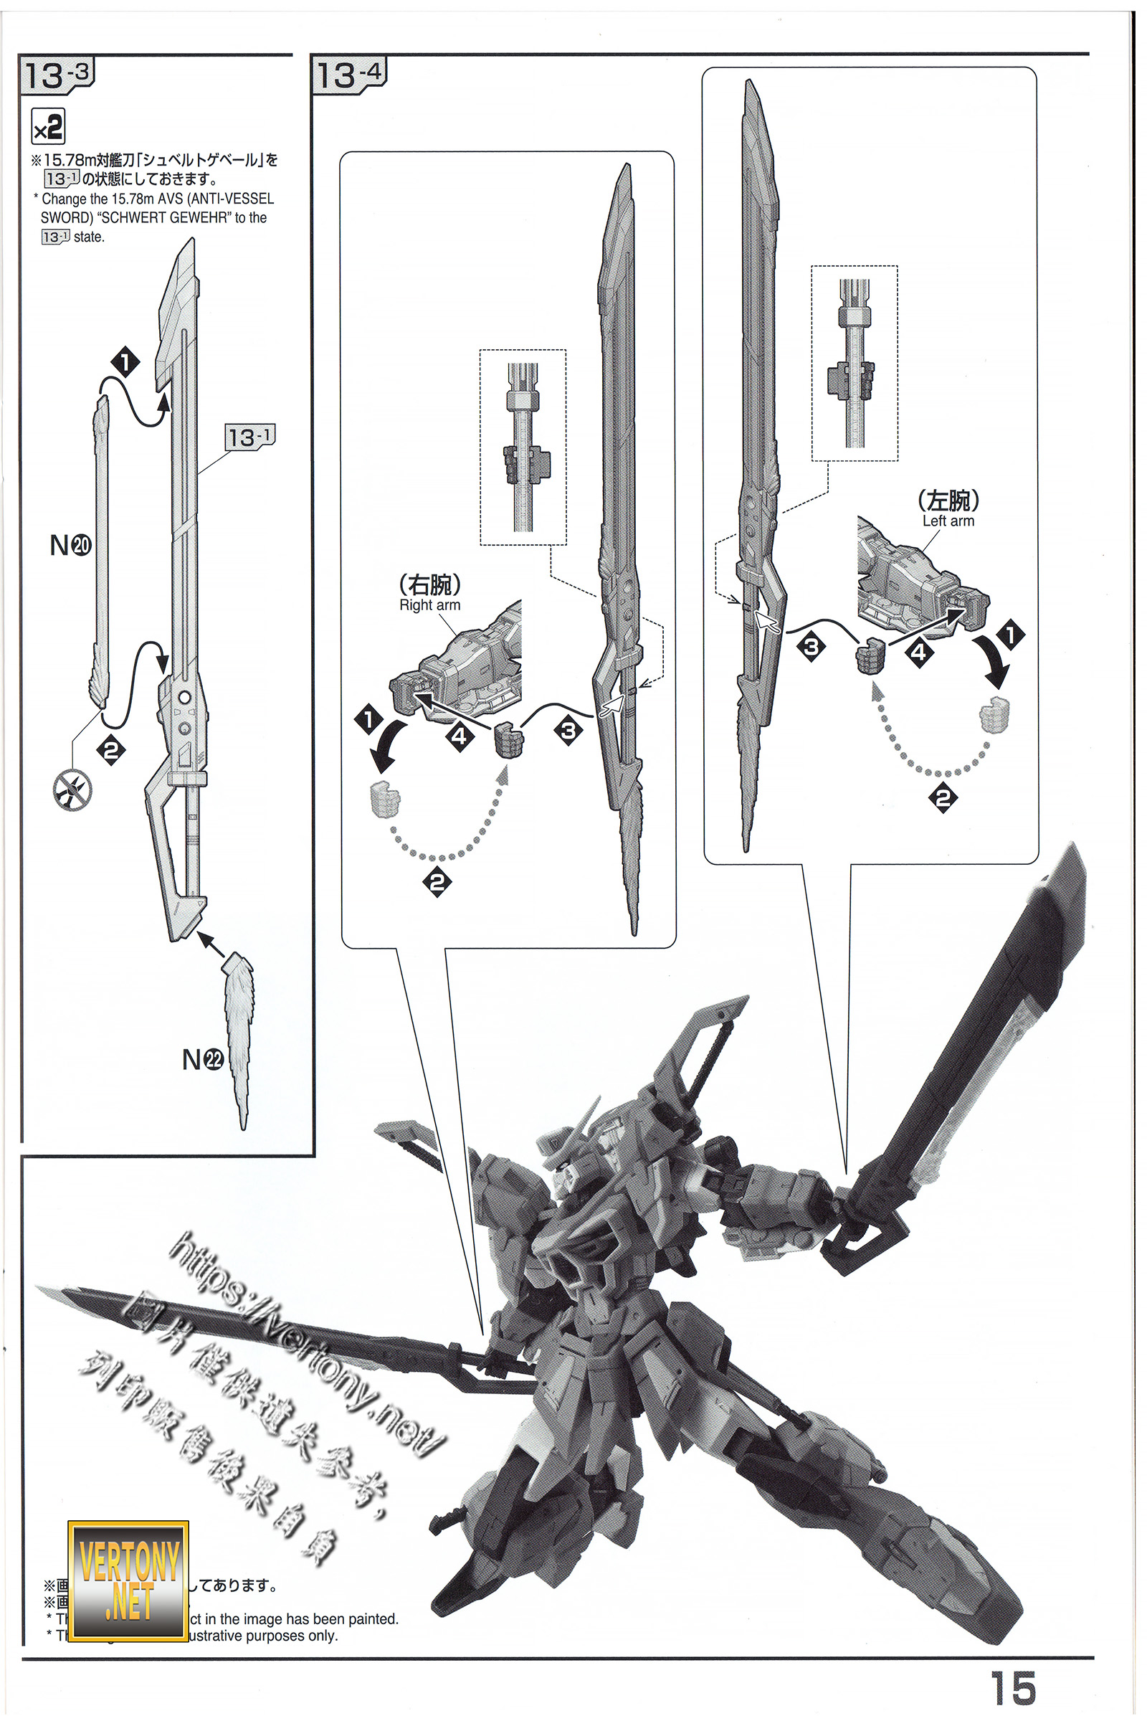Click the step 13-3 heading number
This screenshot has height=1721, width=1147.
(x=57, y=75)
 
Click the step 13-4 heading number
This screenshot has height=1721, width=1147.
(x=349, y=75)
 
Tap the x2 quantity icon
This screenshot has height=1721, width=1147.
(x=48, y=128)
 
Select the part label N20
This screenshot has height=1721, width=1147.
(x=70, y=545)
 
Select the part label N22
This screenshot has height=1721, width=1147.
(x=203, y=1059)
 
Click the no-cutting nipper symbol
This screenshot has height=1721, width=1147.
(x=73, y=790)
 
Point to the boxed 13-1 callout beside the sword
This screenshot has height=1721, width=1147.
(x=249, y=437)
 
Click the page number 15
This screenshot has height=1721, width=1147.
(x=1013, y=1689)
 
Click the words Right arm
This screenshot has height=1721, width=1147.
(x=429, y=605)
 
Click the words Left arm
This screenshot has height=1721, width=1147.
(x=948, y=521)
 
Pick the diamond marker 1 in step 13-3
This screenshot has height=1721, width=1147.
(x=125, y=362)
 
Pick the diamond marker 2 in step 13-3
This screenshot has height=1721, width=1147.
(x=111, y=750)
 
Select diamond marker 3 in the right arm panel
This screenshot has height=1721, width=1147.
(x=568, y=730)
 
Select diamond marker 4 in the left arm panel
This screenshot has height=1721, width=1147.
(x=919, y=652)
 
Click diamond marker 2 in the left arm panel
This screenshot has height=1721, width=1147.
(x=942, y=797)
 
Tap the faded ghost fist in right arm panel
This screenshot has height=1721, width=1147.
(x=384, y=799)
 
